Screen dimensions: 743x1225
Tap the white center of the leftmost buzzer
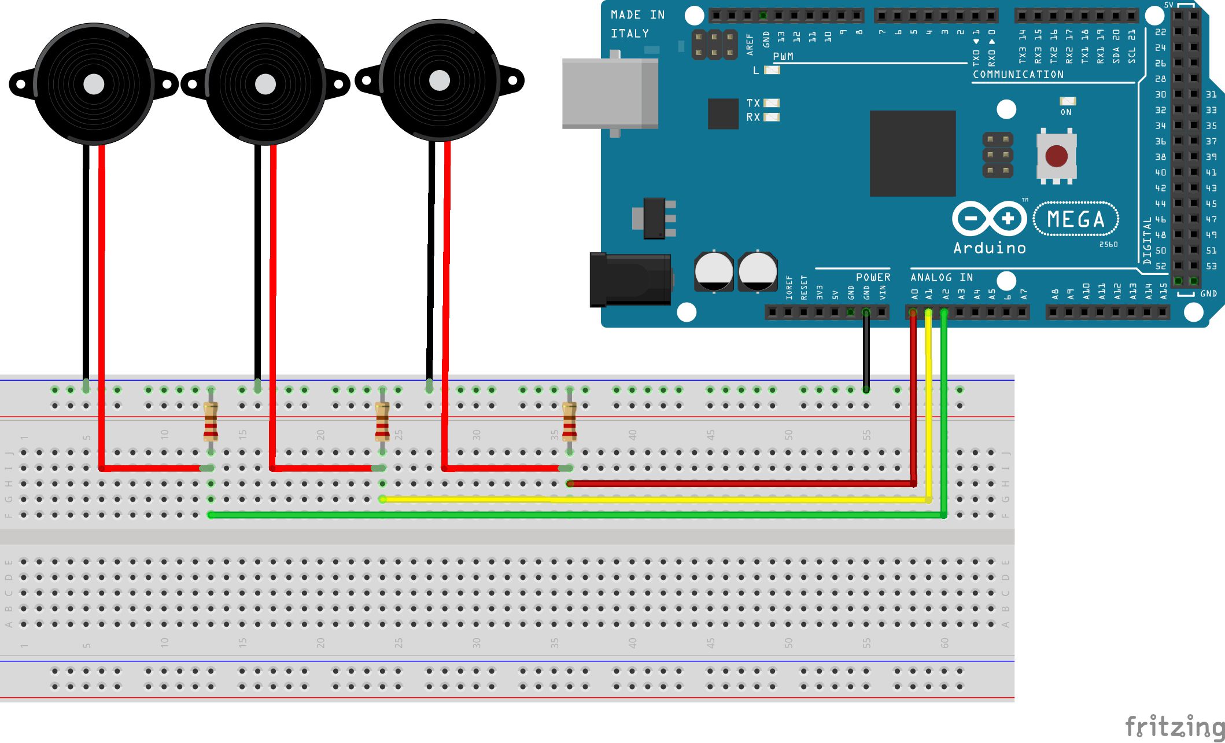point(94,84)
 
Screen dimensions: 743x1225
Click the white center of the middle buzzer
point(265,84)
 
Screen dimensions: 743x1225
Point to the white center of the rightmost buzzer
point(440,81)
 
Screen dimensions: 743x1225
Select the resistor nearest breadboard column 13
point(211,422)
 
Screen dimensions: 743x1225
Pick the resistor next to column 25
point(382,422)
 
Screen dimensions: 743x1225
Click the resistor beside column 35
point(570,422)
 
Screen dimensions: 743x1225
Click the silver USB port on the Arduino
point(610,94)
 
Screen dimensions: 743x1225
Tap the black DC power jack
point(630,279)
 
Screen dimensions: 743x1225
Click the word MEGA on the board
point(1076,219)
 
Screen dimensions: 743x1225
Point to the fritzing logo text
point(1174,727)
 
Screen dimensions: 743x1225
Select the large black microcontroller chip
point(913,153)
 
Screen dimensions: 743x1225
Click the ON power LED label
point(1066,112)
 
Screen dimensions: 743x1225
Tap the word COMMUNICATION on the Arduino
point(1018,75)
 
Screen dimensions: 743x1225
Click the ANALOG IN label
point(942,278)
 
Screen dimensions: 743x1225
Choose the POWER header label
point(873,278)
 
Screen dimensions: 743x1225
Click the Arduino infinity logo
point(989,219)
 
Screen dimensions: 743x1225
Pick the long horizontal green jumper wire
point(578,514)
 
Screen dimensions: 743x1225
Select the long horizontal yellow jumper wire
point(654,499)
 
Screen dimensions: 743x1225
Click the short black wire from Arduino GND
point(866,353)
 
